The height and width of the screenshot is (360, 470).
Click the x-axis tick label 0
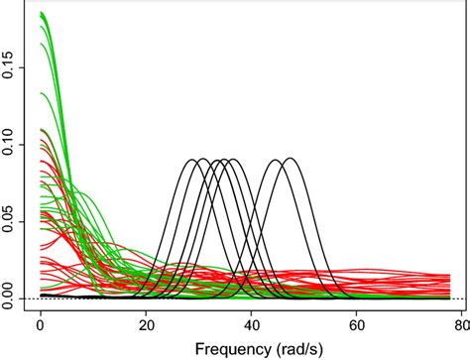pos(40,323)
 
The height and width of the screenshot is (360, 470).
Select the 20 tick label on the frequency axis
pos(147,323)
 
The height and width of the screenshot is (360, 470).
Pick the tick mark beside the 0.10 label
pos(27,146)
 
